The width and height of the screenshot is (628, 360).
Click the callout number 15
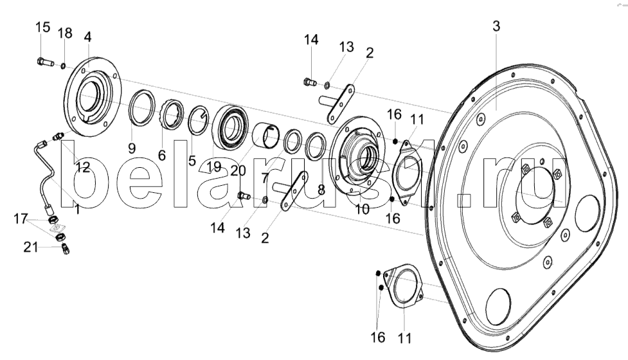pos(43,27)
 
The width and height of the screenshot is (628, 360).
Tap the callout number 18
pos(65,33)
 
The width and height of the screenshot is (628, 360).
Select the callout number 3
pos(496,26)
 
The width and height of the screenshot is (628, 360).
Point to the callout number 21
pos(31,248)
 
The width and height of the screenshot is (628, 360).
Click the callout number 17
pos(21,219)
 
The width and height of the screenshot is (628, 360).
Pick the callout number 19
pos(214,166)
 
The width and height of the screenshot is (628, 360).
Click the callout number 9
pos(132,148)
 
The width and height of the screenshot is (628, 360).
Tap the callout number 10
pos(363,209)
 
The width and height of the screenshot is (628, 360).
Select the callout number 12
pos(83,167)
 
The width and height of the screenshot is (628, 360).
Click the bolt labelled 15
pos(45,62)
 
